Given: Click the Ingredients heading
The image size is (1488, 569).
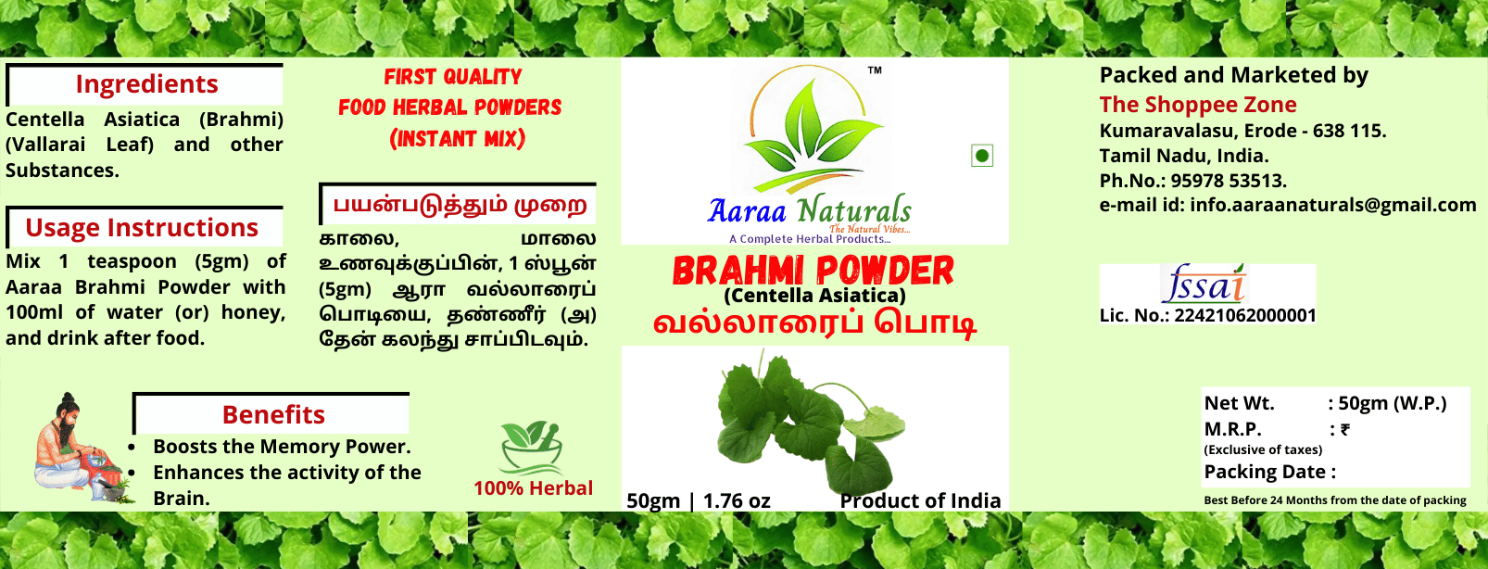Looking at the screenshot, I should click(146, 84).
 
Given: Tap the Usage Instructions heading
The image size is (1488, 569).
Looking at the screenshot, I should click(142, 228).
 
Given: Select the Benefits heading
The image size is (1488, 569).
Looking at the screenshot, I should click(273, 415).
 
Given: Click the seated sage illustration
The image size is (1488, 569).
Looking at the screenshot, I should click(74, 449).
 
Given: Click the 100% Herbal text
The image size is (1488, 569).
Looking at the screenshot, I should click(533, 488).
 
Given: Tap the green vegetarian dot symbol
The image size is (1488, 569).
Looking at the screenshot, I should click(982, 156).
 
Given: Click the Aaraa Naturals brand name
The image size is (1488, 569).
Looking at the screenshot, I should click(809, 210).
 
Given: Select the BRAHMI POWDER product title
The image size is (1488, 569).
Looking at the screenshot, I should click(813, 272).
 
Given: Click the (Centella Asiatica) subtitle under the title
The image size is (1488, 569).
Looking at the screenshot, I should click(814, 296).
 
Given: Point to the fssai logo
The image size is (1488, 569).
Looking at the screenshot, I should click(1204, 284).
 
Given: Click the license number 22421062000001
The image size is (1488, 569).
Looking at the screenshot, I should click(1245, 316).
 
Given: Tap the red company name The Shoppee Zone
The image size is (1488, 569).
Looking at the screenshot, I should click(1198, 105).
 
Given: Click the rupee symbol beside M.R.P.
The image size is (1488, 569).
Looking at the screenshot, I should click(1345, 430).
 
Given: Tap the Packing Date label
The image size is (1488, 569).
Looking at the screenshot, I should click(1269, 473).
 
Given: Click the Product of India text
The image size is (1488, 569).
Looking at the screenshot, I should click(920, 501).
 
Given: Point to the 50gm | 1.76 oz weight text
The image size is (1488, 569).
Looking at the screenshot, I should click(699, 501).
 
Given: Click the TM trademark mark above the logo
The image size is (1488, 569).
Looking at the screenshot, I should click(875, 70).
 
